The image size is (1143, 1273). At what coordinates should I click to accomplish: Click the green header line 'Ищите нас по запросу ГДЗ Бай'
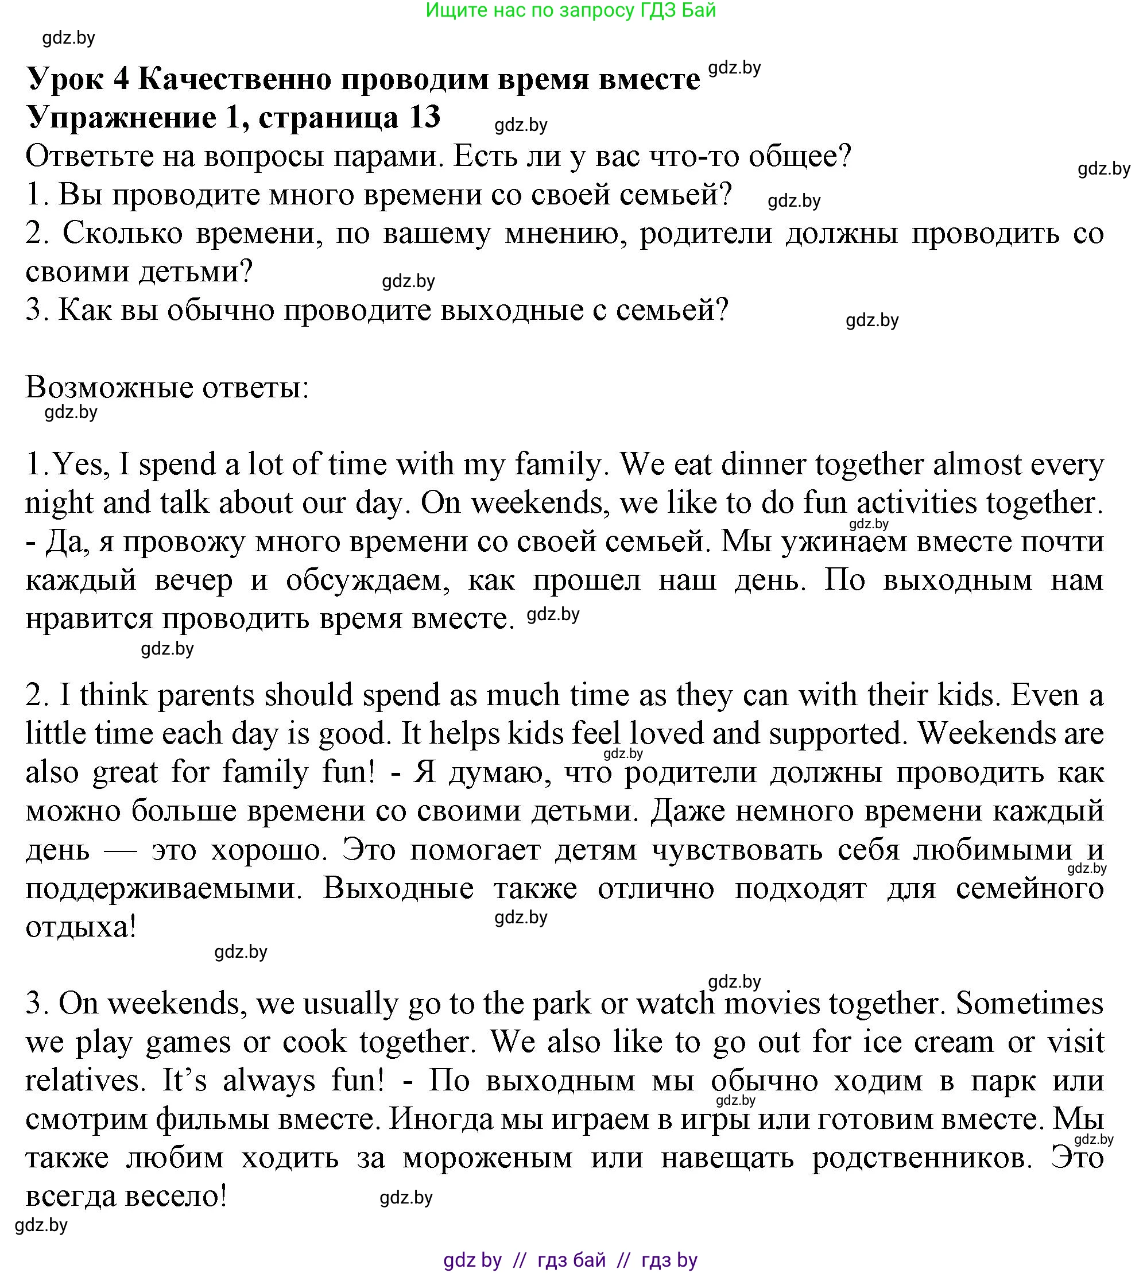coord(570,11)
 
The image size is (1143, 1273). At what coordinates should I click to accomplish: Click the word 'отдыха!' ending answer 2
coord(81,927)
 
